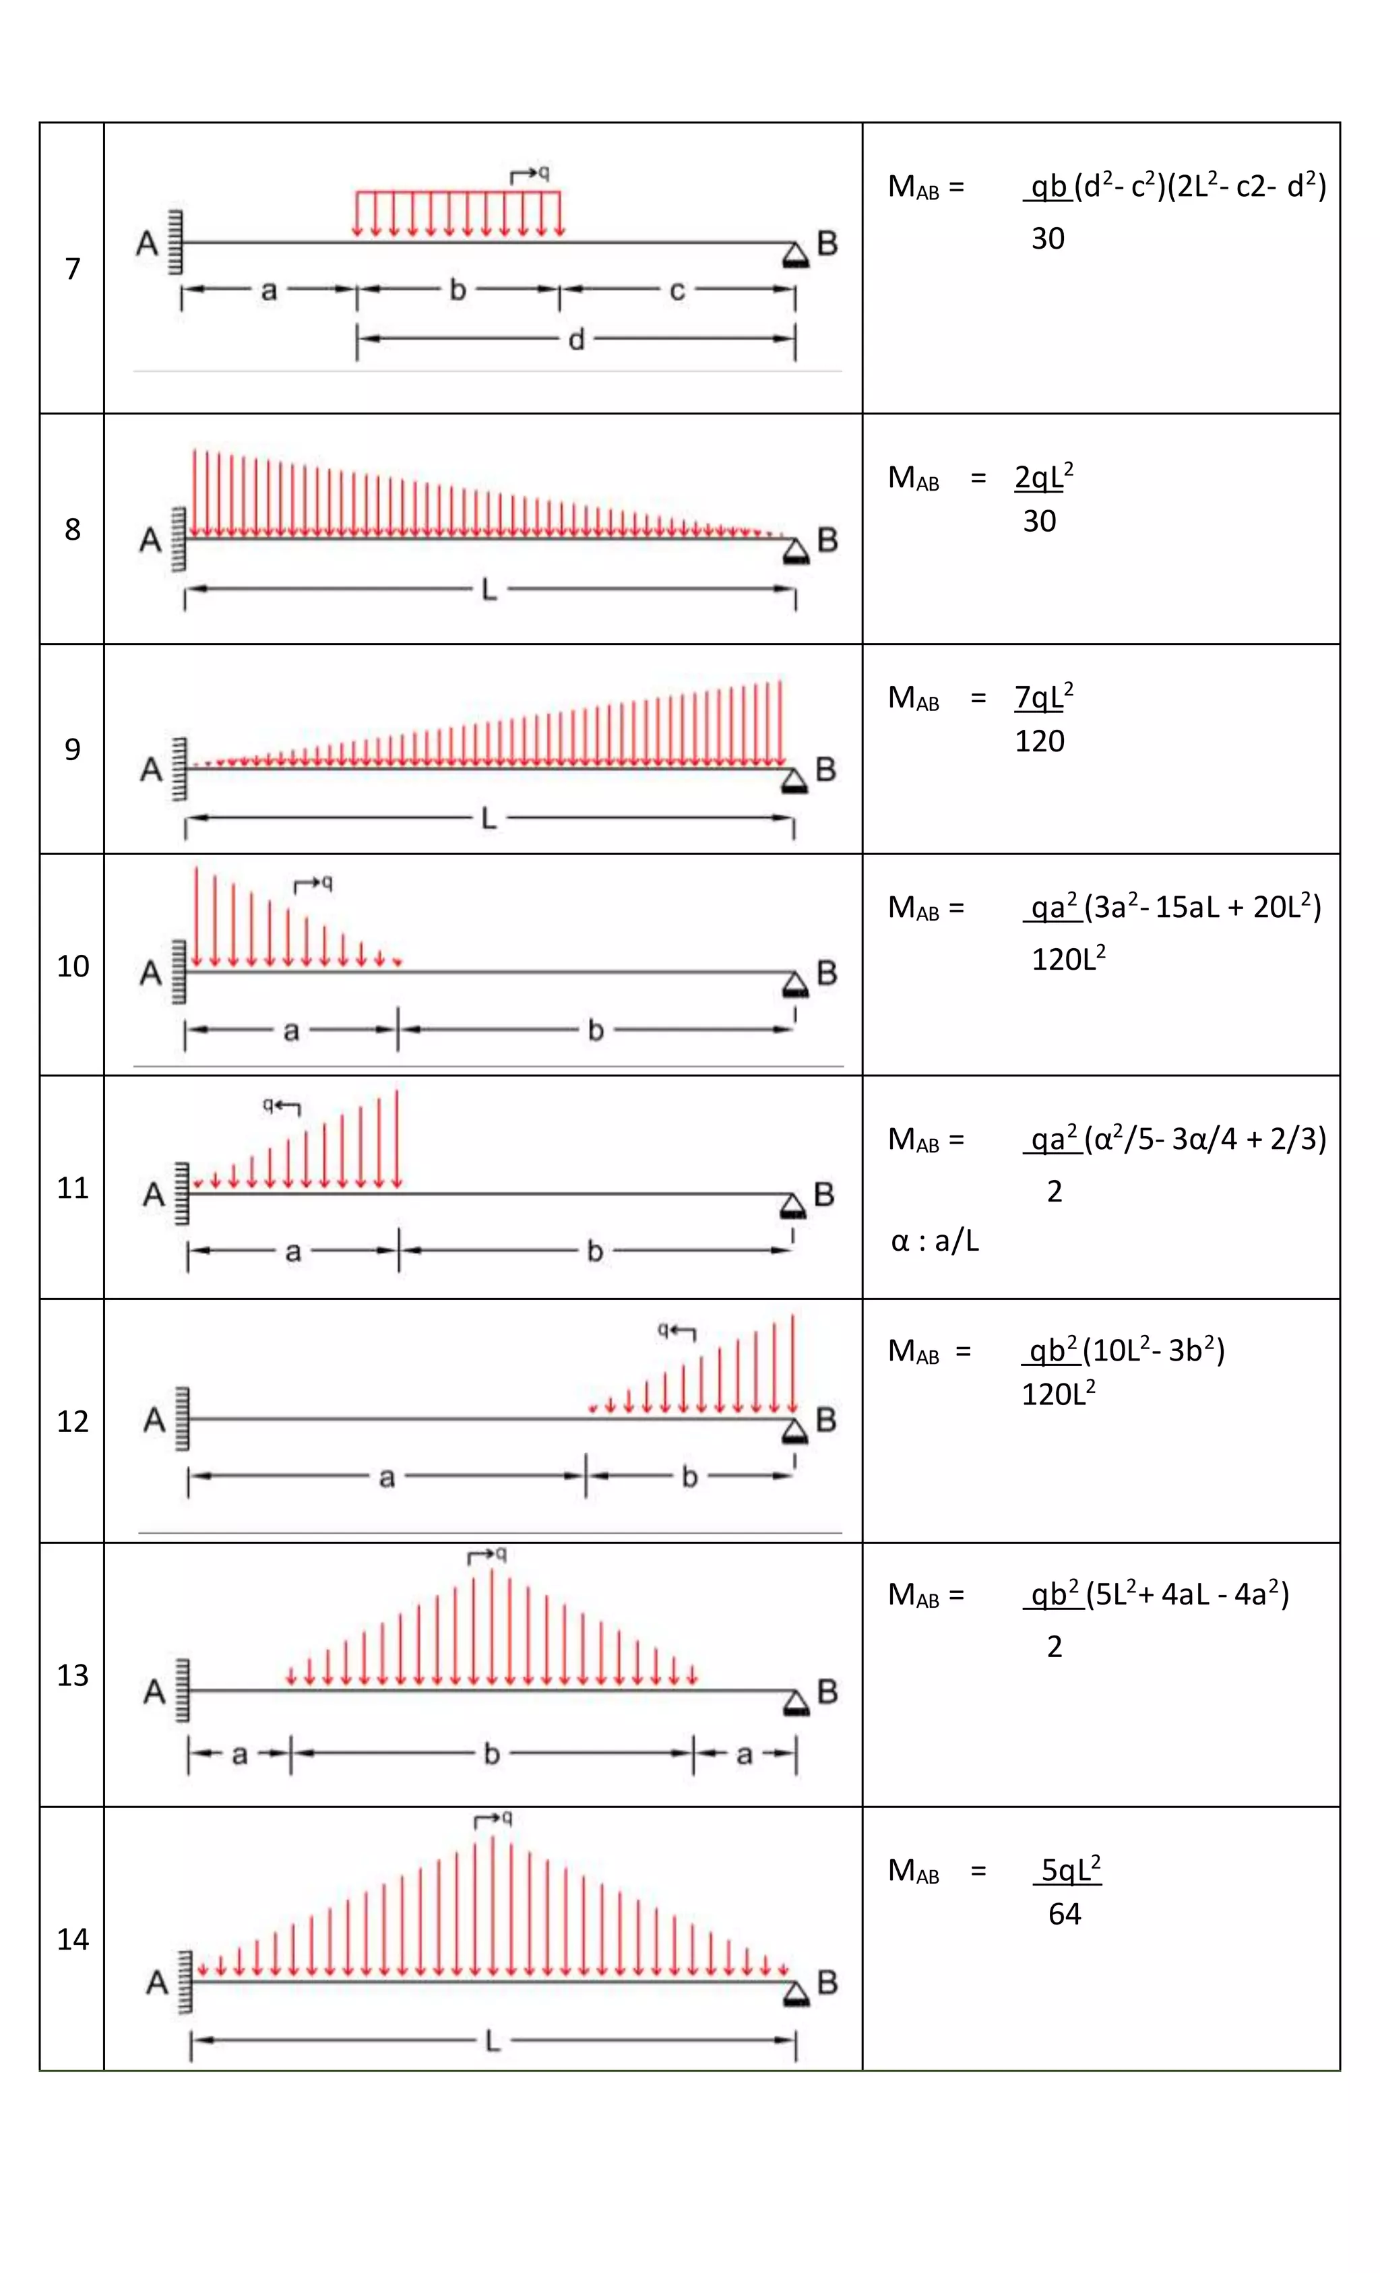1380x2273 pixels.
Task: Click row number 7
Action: click(x=72, y=268)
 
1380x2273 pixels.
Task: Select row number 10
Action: click(x=72, y=966)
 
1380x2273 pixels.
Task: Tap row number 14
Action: click(x=72, y=1938)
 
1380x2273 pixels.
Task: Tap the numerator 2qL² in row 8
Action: click(x=1043, y=477)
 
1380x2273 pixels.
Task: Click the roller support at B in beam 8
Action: click(x=795, y=553)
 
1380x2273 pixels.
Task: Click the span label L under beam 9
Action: click(x=489, y=817)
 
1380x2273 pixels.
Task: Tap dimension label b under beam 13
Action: click(x=492, y=1753)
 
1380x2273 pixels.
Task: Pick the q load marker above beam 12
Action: click(x=675, y=1330)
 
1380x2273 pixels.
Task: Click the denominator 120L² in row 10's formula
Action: click(x=1067, y=960)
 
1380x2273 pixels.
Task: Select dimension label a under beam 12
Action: click(x=387, y=1478)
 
